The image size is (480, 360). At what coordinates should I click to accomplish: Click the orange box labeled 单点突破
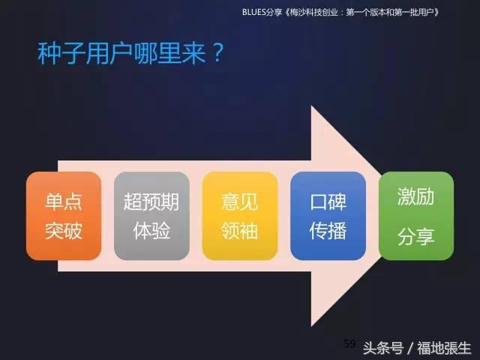click(64, 216)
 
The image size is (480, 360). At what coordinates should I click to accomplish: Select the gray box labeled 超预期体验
click(151, 216)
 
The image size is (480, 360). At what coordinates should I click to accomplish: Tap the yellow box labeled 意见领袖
click(240, 216)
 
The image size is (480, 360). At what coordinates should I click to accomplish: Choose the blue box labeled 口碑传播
click(328, 216)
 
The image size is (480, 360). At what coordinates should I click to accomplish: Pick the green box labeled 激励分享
click(416, 216)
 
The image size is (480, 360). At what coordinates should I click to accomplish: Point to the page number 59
click(349, 343)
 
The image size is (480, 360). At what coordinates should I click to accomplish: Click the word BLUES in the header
click(257, 13)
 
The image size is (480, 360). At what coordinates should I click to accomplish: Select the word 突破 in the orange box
click(64, 230)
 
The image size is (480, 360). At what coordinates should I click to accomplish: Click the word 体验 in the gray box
click(151, 230)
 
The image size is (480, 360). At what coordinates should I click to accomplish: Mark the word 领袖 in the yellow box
click(240, 230)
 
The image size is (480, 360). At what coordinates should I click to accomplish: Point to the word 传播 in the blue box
click(328, 230)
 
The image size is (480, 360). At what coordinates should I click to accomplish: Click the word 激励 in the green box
click(416, 198)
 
